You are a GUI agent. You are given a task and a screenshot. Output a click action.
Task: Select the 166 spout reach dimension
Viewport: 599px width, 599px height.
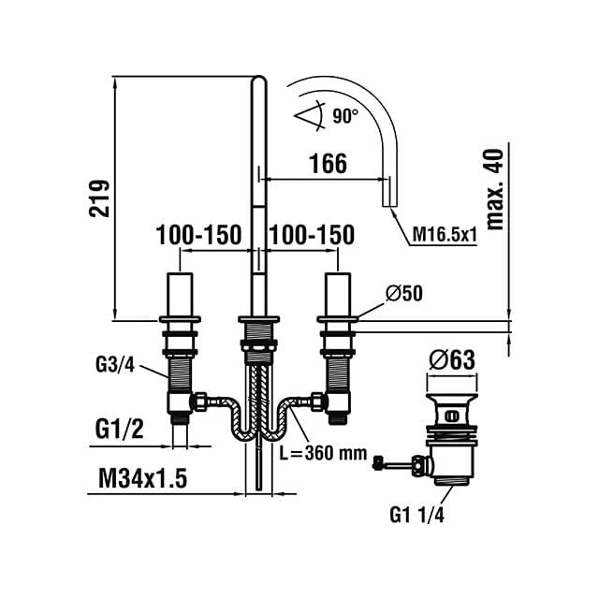(x=329, y=164)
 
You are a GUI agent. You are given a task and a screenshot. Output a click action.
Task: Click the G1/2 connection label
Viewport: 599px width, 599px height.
(x=120, y=429)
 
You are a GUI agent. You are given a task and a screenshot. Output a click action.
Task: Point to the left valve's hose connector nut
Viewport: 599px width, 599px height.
(x=198, y=405)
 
